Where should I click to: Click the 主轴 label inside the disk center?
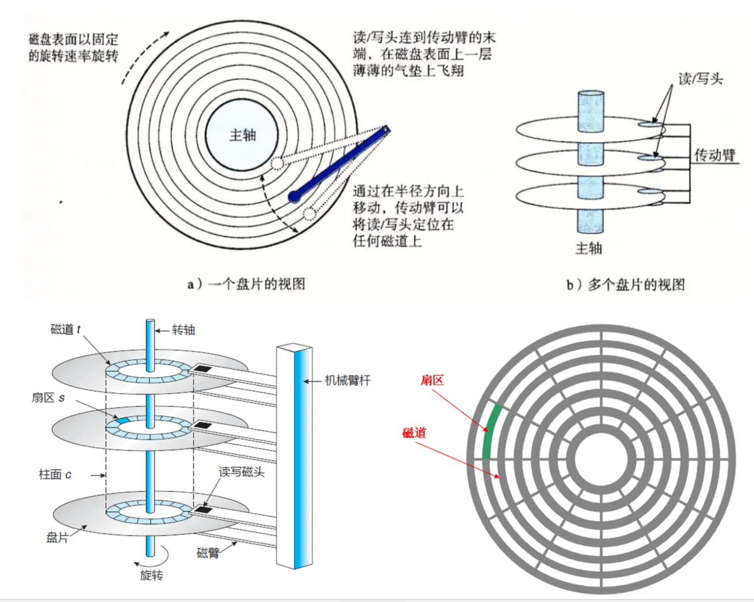242,136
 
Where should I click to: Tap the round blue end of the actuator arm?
294,197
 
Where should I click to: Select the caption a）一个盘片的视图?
247,284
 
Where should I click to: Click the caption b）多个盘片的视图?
625,285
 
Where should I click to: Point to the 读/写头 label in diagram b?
700,79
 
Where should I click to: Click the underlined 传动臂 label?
715,155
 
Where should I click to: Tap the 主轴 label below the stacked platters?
589,248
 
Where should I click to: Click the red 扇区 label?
432,380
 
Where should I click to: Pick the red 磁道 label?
414,433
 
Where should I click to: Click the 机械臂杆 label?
348,380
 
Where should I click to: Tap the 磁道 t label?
65,330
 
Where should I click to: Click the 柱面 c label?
55,474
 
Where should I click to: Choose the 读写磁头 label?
241,472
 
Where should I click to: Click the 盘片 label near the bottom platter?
57,537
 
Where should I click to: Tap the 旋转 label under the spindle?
151,575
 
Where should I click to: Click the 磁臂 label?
208,554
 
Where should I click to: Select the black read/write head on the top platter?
201,368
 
